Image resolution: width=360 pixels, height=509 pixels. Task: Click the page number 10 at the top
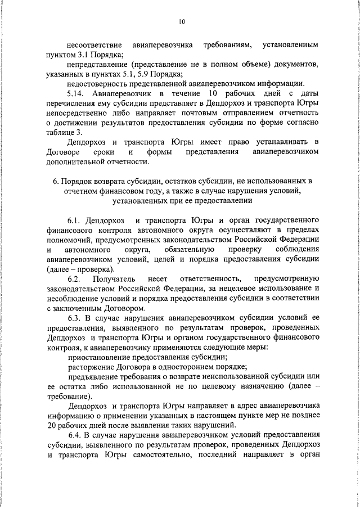point(181,22)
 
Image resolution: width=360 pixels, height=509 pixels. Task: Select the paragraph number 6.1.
point(76,219)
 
